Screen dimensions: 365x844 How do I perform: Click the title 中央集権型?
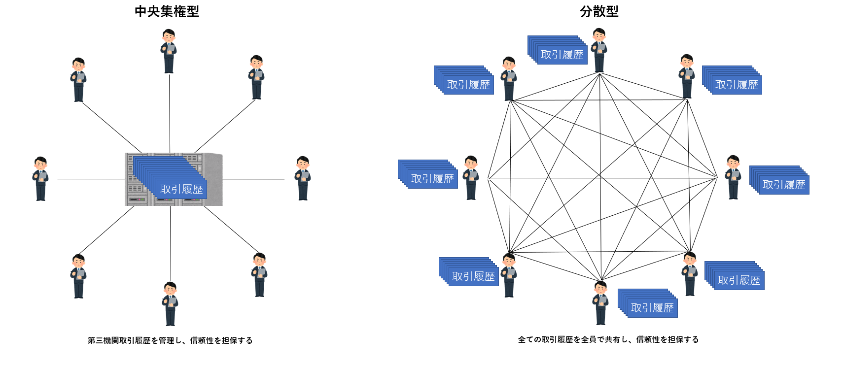coord(167,11)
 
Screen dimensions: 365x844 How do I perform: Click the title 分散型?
coord(599,11)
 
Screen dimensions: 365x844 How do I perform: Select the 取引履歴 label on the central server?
coord(181,189)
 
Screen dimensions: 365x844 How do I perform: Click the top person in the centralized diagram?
coord(169,51)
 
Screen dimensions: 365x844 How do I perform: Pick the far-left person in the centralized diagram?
coord(40,178)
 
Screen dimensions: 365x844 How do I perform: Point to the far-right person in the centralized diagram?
coord(302,178)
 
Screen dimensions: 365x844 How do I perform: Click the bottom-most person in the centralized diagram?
coord(170,303)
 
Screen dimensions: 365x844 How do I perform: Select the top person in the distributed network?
coord(599,50)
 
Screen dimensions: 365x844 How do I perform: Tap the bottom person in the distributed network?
coord(600,302)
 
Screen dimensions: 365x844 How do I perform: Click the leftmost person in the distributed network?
coord(471,177)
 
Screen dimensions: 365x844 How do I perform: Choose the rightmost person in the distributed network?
coord(733,177)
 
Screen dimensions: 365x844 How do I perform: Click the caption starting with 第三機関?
coord(170,340)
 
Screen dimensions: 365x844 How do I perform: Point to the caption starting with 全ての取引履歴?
coord(608,339)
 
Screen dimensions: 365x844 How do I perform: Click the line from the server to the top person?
coord(170,113)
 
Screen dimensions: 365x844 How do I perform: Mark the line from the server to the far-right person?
coord(254,179)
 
